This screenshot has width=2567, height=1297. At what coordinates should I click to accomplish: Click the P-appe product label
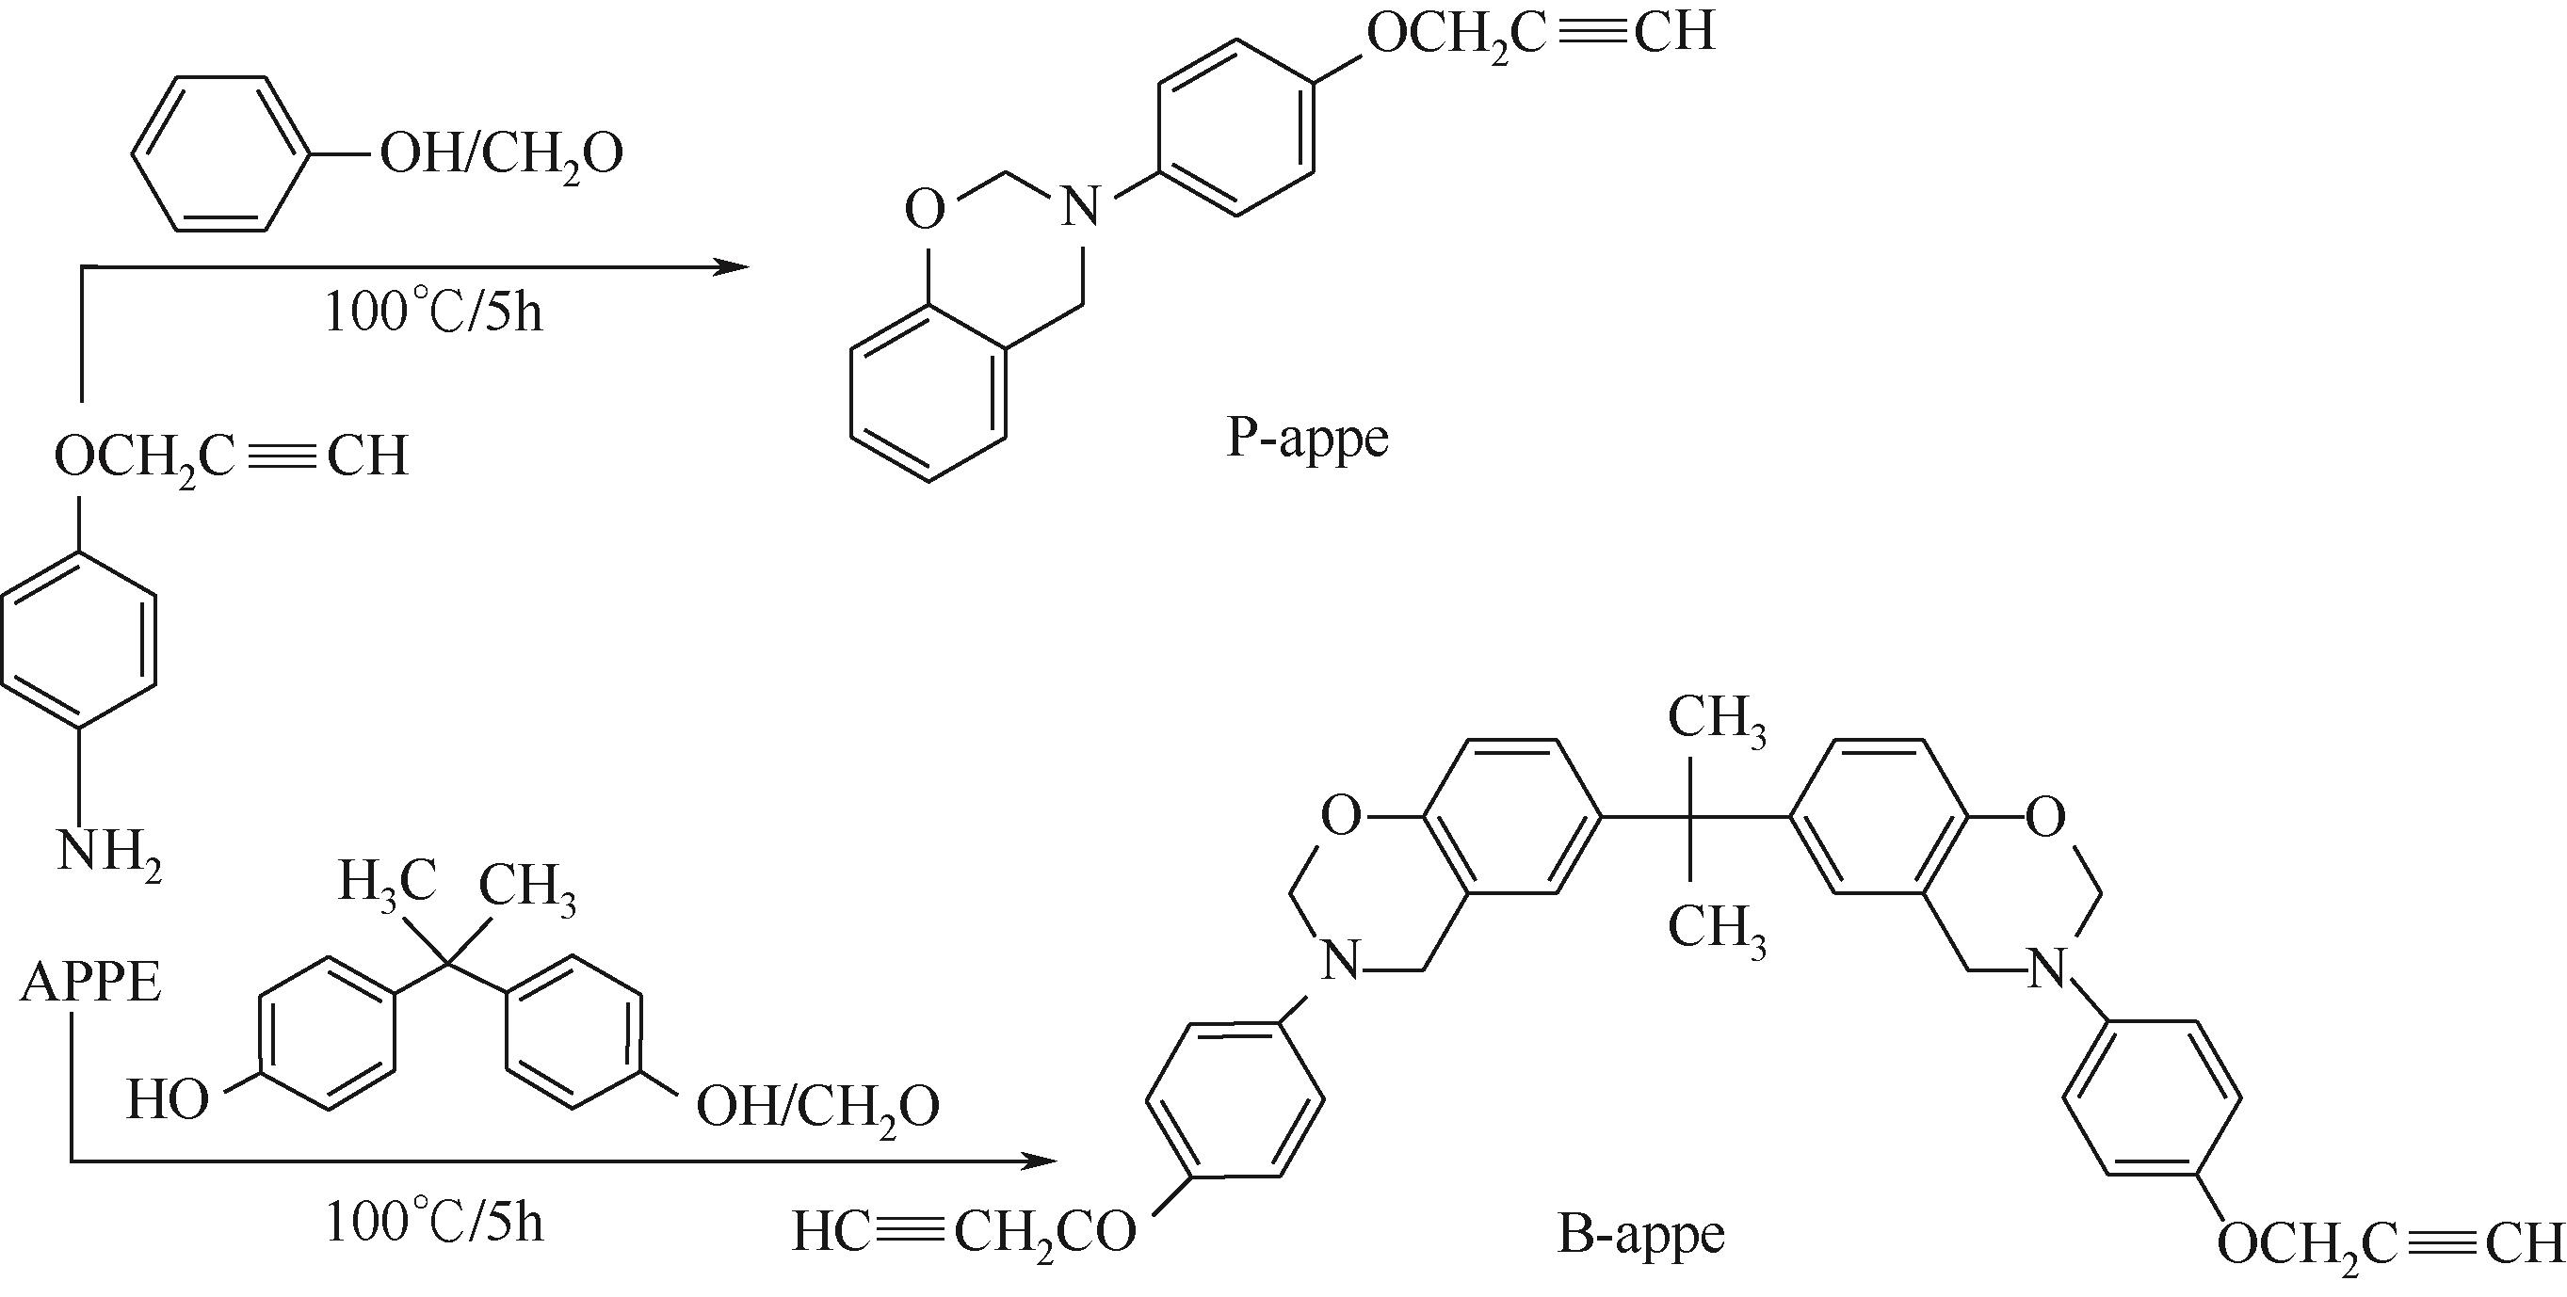1306,439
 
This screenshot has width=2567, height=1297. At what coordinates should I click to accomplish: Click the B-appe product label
1640,1236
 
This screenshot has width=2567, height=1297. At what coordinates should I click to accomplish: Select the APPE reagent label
90,984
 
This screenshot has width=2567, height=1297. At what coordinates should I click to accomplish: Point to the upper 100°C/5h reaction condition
434,312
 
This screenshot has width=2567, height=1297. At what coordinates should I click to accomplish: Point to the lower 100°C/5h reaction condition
434,1224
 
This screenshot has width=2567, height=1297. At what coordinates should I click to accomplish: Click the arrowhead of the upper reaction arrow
735,266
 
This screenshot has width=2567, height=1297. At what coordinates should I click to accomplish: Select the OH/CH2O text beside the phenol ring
501,155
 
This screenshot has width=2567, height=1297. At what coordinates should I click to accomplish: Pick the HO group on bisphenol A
169,1102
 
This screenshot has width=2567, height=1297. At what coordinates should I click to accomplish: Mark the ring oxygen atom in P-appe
925,210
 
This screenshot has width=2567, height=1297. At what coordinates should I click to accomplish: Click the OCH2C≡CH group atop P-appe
1541,32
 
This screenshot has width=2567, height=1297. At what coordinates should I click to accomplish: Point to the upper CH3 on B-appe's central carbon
1717,719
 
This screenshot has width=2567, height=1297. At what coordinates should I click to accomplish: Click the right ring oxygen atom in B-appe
2046,818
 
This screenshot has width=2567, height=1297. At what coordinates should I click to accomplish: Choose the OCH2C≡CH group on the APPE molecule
232,456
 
